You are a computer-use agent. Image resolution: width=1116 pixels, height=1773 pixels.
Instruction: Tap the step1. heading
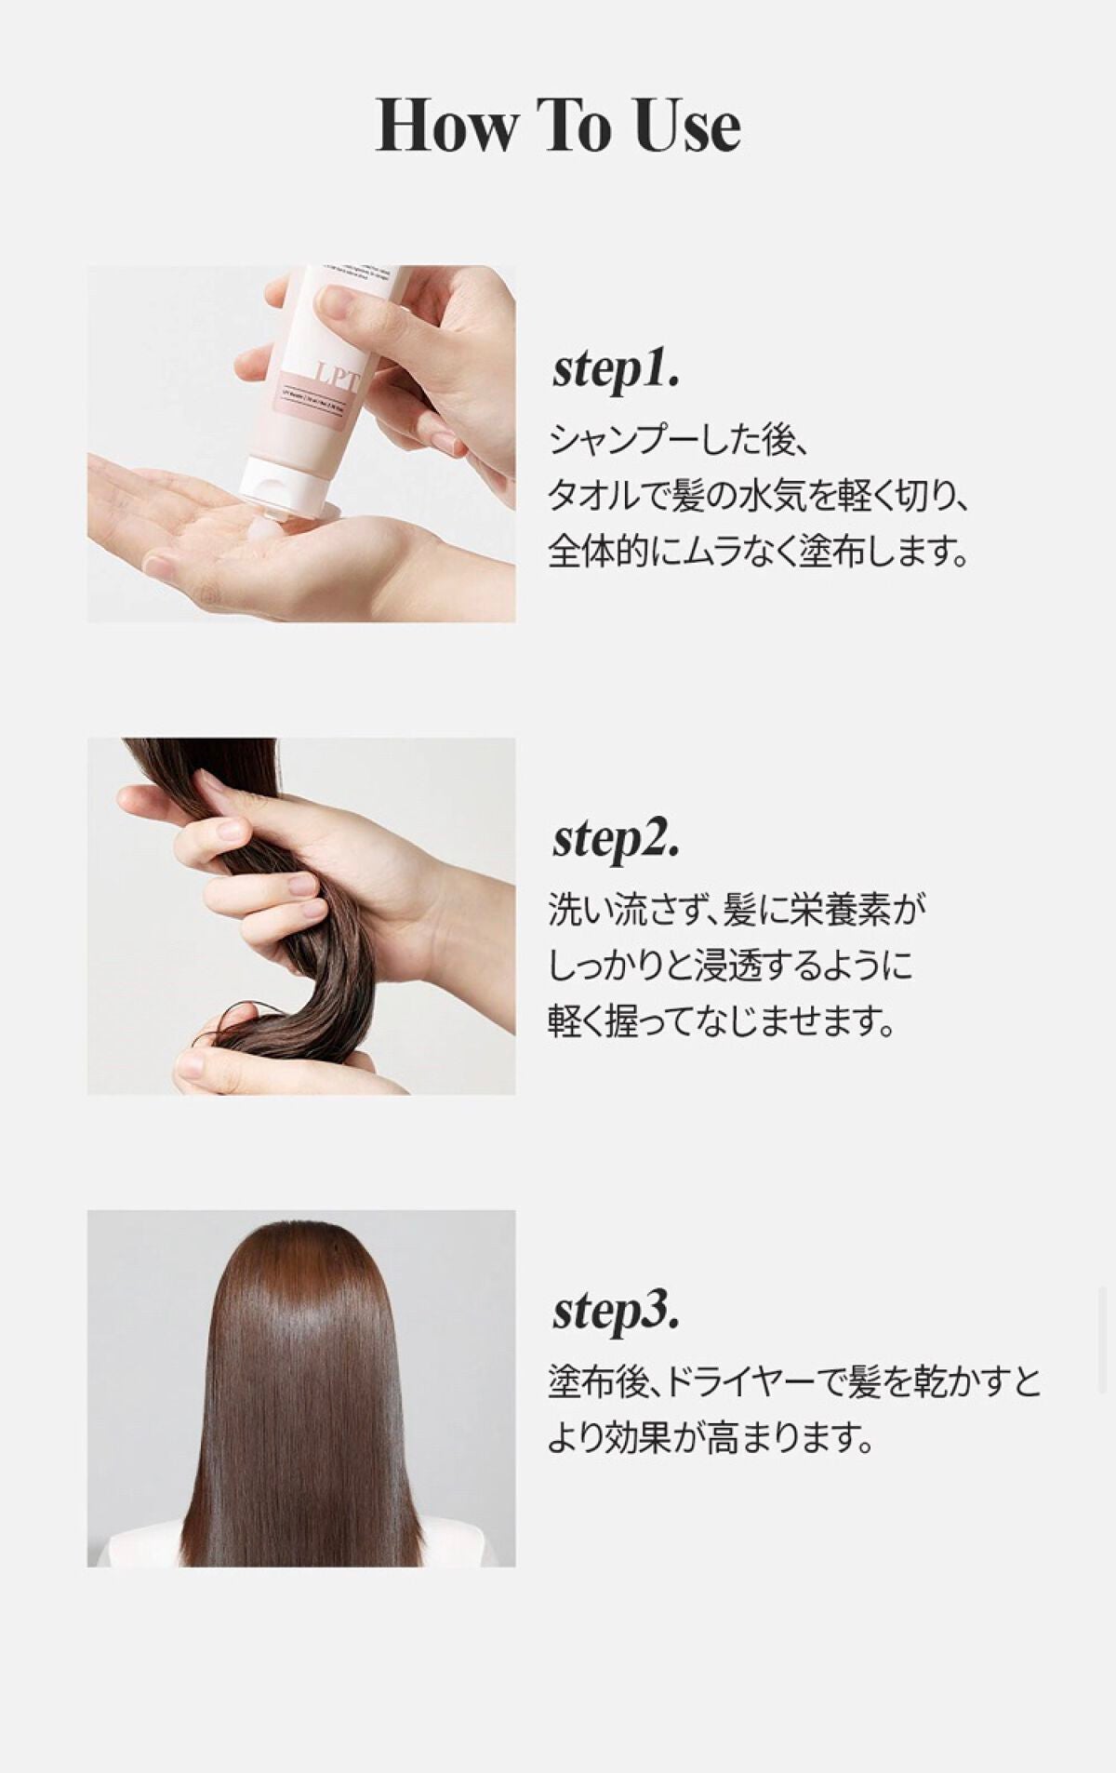click(x=616, y=370)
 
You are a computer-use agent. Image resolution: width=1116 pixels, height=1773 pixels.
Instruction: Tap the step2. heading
click(x=616, y=839)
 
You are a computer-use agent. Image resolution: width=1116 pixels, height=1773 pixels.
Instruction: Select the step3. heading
click(x=616, y=1311)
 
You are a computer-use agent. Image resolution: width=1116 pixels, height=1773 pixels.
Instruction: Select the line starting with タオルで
click(x=758, y=497)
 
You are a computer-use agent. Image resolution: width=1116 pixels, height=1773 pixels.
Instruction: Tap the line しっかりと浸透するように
click(x=730, y=966)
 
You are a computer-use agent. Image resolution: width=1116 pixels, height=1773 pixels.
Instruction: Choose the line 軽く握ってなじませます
click(x=721, y=1022)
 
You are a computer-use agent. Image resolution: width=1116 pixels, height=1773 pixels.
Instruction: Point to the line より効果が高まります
click(x=711, y=1439)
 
